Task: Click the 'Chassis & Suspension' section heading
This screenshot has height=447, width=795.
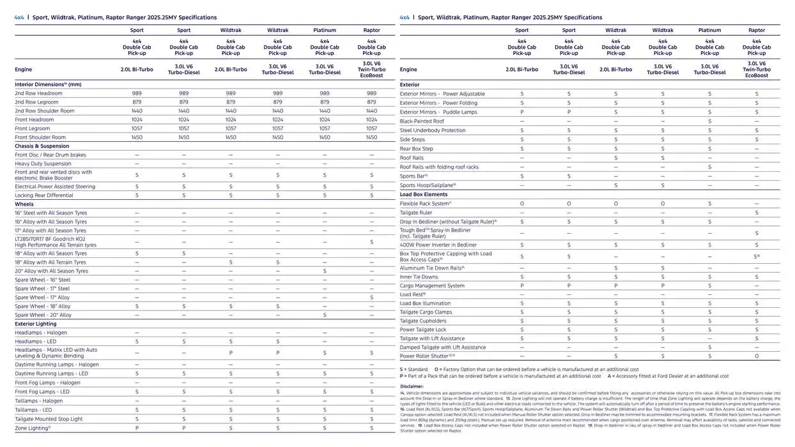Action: (x=42, y=146)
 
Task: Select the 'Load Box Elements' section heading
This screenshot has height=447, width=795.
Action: (x=424, y=194)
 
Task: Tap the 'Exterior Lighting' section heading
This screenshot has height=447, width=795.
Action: (x=36, y=324)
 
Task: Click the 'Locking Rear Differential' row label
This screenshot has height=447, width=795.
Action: (x=44, y=195)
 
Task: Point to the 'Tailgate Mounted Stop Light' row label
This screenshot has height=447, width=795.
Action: (x=49, y=419)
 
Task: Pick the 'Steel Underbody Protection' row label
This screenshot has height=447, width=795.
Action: (x=433, y=130)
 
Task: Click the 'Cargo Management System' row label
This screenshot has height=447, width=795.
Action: (x=432, y=286)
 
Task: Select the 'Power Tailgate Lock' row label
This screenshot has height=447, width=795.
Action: (x=423, y=330)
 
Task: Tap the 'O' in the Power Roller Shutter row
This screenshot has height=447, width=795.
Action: (x=757, y=356)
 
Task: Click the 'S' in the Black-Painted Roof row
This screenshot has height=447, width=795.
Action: (x=709, y=121)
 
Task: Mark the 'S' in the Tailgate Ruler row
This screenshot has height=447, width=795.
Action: (x=757, y=213)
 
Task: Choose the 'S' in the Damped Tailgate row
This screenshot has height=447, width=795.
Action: (x=709, y=347)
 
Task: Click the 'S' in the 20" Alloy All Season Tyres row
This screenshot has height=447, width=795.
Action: (x=325, y=271)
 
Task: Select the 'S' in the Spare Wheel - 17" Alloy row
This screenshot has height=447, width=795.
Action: (x=371, y=298)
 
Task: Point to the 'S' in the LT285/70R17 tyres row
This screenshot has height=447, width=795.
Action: (x=371, y=242)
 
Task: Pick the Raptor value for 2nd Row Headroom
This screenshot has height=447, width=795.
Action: (x=371, y=93)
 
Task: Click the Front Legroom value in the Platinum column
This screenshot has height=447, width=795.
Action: (x=325, y=128)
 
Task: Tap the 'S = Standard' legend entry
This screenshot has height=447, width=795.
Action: (x=414, y=369)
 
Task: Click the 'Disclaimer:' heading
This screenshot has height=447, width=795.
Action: (x=412, y=386)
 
